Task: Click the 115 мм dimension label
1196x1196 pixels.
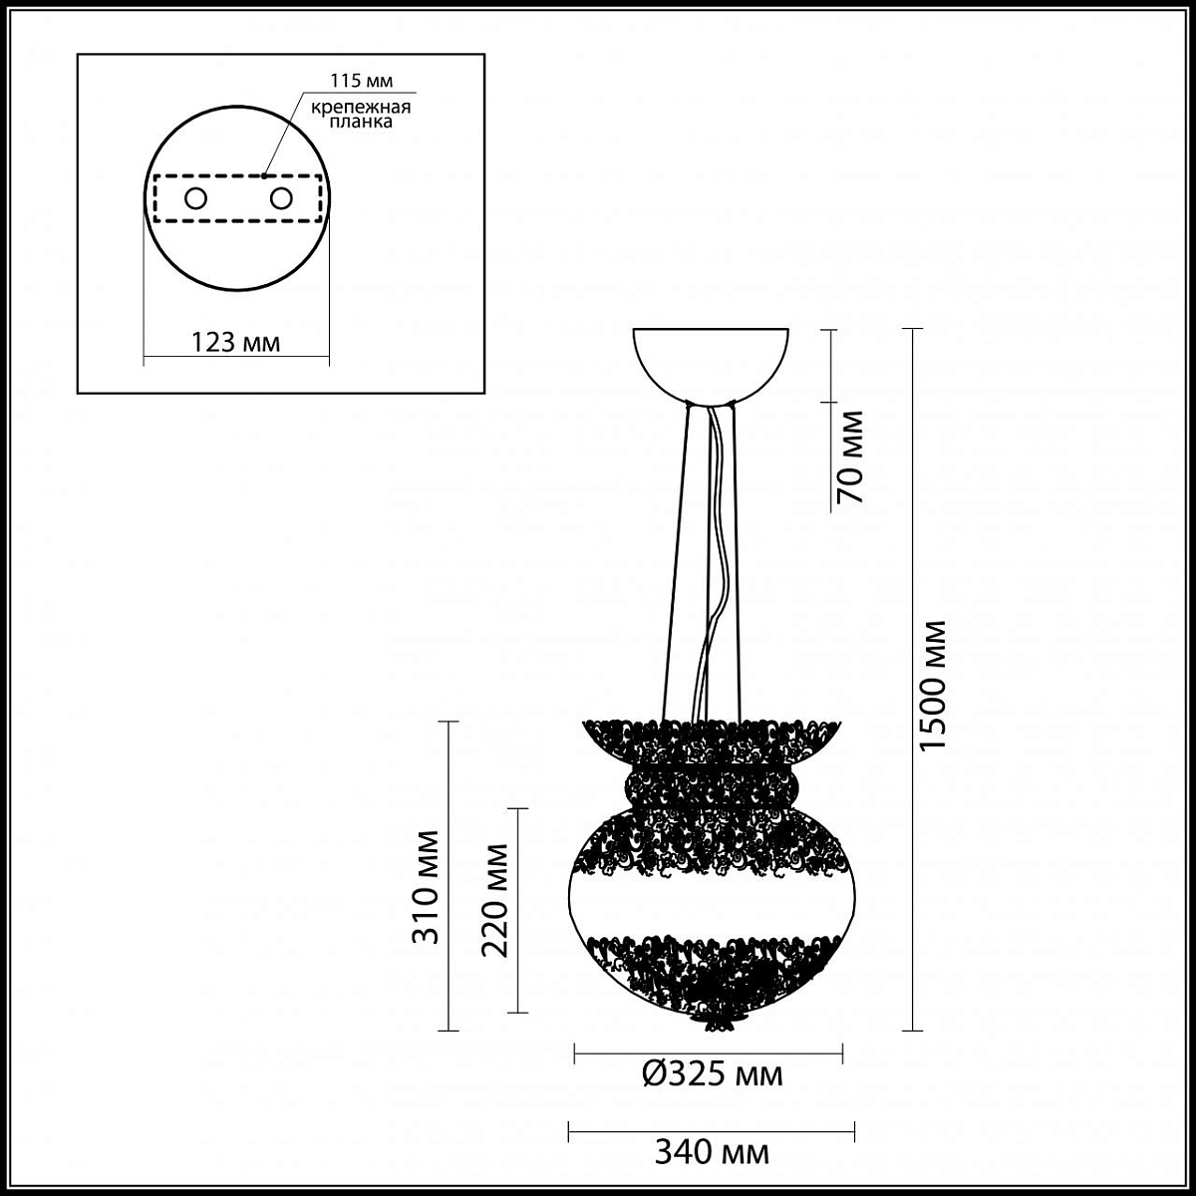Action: (361, 82)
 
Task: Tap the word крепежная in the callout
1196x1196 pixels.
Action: (361, 108)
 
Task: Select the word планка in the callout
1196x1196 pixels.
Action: (361, 121)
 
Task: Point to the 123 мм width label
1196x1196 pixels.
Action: (235, 342)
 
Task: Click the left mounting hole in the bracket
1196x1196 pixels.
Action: (195, 199)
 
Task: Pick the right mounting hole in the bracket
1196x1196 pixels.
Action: (281, 199)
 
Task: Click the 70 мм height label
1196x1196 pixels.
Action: (850, 456)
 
